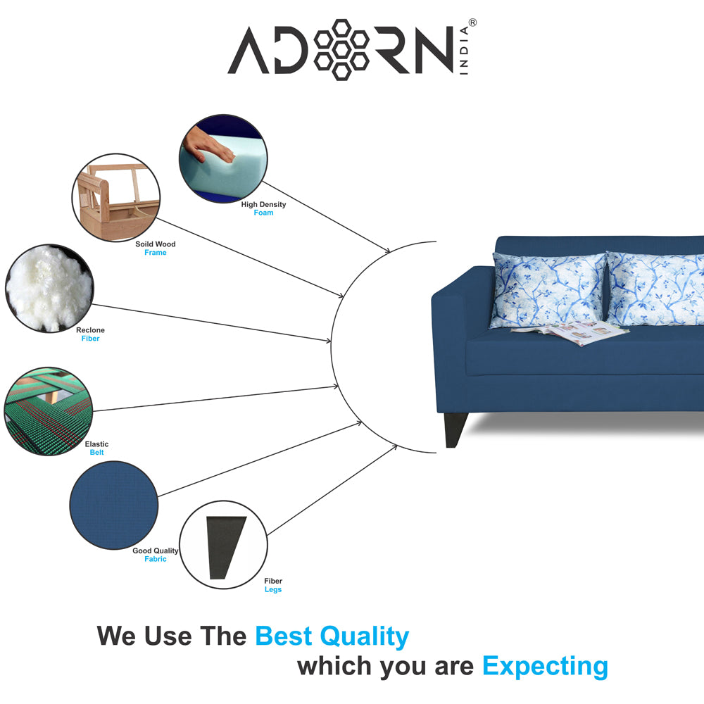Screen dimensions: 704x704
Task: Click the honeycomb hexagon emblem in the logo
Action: pyautogui.click(x=341, y=49)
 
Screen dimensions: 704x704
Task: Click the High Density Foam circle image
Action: pyautogui.click(x=223, y=159)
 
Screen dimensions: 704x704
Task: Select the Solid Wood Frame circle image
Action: pyautogui.click(x=115, y=196)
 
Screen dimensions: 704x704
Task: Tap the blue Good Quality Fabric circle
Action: pyautogui.click(x=113, y=505)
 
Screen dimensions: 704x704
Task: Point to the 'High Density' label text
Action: pyautogui.click(x=263, y=205)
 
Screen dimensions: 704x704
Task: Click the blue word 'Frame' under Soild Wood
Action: pyautogui.click(x=155, y=253)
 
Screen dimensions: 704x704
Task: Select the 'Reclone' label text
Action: pyautogui.click(x=90, y=330)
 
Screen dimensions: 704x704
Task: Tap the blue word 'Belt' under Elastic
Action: pyautogui.click(x=96, y=453)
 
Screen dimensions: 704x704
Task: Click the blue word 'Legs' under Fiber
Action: pyautogui.click(x=272, y=590)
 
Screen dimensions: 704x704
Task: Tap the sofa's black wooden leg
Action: pyautogui.click(x=455, y=430)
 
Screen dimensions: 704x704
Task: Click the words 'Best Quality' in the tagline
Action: pyautogui.click(x=332, y=636)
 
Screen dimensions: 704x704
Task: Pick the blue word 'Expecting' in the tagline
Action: pyautogui.click(x=545, y=666)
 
